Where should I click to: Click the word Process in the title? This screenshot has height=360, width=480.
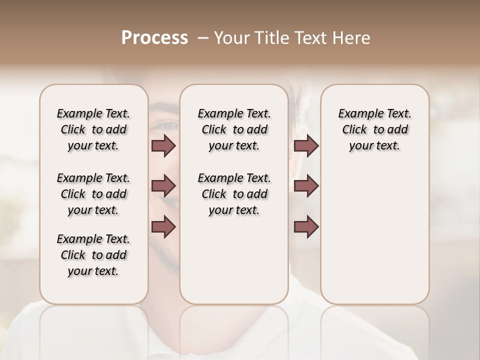(x=154, y=38)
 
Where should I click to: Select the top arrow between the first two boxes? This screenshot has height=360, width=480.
(x=163, y=146)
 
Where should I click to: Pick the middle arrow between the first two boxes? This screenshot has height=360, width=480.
(x=163, y=186)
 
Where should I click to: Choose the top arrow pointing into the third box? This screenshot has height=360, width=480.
(x=306, y=146)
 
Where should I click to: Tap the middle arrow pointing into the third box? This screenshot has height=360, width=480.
(x=306, y=186)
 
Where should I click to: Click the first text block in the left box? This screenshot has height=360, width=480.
(x=93, y=129)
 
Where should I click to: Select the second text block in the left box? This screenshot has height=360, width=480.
(x=93, y=194)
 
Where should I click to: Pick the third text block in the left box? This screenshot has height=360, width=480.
(x=93, y=255)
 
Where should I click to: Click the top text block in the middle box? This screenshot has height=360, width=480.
(x=234, y=129)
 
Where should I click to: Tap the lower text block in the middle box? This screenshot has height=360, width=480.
(x=234, y=194)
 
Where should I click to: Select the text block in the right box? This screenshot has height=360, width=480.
(x=374, y=129)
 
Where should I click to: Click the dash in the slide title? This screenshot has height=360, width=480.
(x=202, y=38)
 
